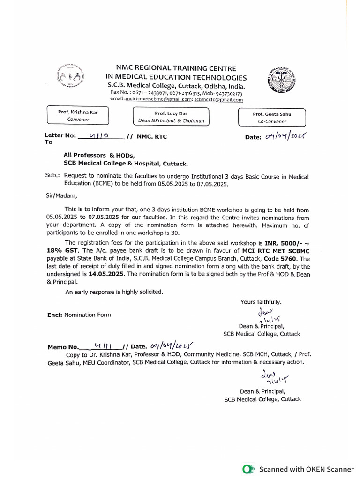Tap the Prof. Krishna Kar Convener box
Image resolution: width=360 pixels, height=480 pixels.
pos(78,116)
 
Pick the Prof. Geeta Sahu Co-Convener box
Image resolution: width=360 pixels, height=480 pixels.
pos(271,117)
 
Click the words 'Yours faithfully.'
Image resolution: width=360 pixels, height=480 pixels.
pos(261,302)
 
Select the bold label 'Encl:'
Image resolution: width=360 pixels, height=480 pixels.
pos(55,315)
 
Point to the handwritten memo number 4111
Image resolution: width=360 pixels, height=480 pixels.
pos(102,346)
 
